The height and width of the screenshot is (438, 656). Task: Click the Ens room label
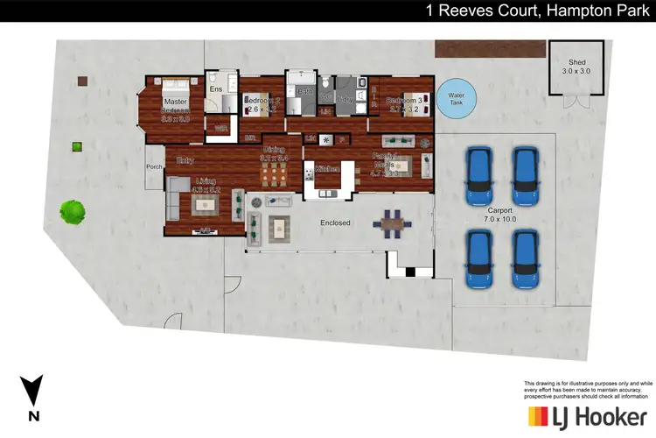[215, 88]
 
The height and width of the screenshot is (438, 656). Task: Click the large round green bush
[73, 210]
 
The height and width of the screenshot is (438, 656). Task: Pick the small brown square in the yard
[81, 81]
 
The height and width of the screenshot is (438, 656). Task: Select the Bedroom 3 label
[404, 103]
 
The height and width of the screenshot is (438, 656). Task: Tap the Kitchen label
[327, 167]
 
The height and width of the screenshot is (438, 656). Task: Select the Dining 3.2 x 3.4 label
[273, 154]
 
